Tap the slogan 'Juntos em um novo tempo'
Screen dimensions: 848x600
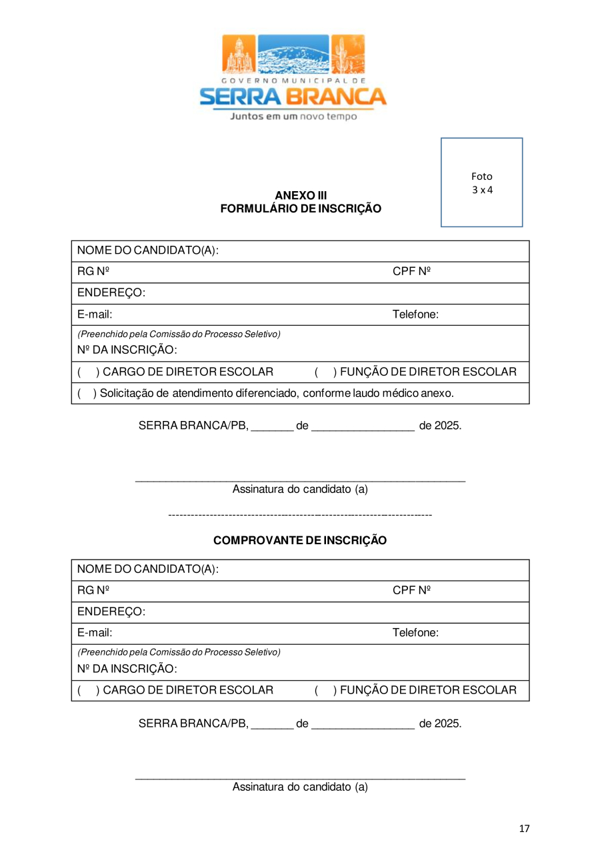click(293, 117)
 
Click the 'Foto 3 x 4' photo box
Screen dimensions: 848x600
click(481, 183)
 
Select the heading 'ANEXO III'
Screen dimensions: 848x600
click(301, 195)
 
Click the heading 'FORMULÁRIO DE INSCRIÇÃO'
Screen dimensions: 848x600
click(301, 209)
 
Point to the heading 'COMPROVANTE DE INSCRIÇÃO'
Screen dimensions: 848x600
click(300, 540)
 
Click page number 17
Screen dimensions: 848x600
click(524, 829)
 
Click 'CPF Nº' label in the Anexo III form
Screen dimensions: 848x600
click(411, 272)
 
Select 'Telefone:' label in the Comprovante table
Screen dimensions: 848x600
click(415, 633)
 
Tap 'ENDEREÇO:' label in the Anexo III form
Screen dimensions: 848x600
click(111, 293)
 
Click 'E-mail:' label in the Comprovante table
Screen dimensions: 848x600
click(95, 633)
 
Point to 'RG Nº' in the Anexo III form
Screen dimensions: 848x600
click(93, 272)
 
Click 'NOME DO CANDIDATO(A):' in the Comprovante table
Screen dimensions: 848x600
click(148, 570)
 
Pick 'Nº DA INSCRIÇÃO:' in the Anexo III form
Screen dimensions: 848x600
click(127, 350)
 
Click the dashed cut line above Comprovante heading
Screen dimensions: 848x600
click(300, 515)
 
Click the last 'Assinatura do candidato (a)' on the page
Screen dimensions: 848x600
click(300, 787)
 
